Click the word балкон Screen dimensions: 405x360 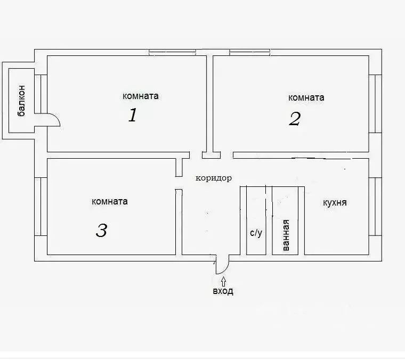pyautogui.click(x=22, y=101)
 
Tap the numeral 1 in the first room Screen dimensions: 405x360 pyautogui.click(x=133, y=115)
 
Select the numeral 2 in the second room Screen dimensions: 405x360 pyautogui.click(x=295, y=119)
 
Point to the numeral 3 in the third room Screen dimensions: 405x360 pyautogui.click(x=101, y=230)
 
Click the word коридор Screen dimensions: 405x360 pyautogui.click(x=214, y=178)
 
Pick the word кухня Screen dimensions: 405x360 pyautogui.click(x=335, y=202)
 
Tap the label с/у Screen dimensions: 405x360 pyautogui.click(x=256, y=233)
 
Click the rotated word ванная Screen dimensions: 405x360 pyautogui.click(x=286, y=235)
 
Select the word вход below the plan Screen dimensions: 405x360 pyautogui.click(x=223, y=291)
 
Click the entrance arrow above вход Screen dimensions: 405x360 pyautogui.click(x=223, y=282)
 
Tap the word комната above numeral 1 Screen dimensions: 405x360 pyautogui.click(x=141, y=96)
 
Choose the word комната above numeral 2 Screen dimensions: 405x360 pyautogui.click(x=306, y=97)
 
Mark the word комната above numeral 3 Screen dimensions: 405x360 pyautogui.click(x=110, y=201)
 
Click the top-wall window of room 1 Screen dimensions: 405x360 pyautogui.click(x=172, y=52)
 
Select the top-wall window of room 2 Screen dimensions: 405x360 pyautogui.click(x=250, y=52)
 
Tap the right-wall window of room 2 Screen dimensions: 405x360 pyautogui.click(x=375, y=104)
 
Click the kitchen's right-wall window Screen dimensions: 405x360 pyautogui.click(x=375, y=207)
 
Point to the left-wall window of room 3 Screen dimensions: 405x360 pyautogui.click(x=41, y=207)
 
